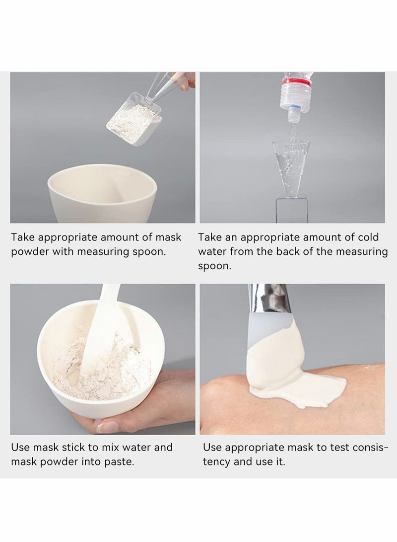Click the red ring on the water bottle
click(297, 82)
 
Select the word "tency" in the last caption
click(216, 462)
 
